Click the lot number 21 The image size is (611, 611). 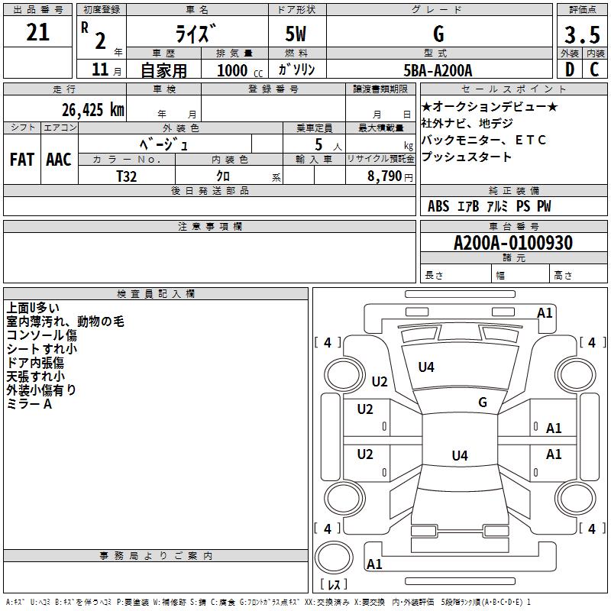(37, 33)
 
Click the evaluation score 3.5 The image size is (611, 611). (581, 35)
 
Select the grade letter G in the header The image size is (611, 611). (438, 34)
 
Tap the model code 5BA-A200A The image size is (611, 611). (438, 70)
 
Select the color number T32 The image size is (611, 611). (127, 176)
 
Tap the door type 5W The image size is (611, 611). (296, 34)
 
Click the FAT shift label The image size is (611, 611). (21, 159)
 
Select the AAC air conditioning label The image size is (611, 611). (58, 159)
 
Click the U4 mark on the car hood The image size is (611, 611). (426, 367)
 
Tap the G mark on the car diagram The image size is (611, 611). (482, 402)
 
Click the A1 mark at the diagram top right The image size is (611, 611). (545, 312)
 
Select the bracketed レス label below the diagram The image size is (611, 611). (333, 585)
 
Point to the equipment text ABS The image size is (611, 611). (438, 206)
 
